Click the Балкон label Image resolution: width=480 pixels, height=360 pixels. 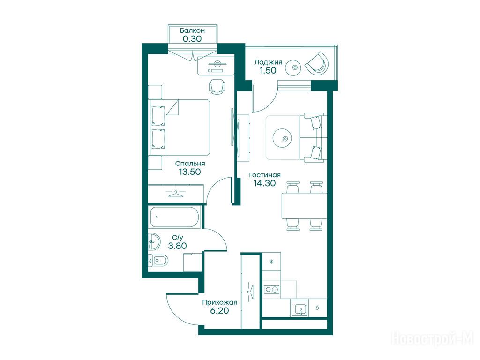coord(192,30)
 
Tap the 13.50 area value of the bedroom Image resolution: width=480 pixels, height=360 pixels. coord(190,172)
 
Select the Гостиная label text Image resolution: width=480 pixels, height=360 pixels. coord(265,175)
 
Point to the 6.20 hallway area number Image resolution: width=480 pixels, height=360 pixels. coord(219,311)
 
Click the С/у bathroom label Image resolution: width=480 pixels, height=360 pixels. coord(178,238)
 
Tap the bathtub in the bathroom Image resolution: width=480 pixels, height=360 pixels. coord(174,217)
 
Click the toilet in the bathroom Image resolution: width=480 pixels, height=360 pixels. coord(158,261)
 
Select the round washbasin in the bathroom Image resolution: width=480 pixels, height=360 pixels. coord(154,241)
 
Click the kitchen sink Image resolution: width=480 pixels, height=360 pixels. coord(300,308)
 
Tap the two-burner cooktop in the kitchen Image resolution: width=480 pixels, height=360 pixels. coord(272,289)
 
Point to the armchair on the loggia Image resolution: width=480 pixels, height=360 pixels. coord(317,63)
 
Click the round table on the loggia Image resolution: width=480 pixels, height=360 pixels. coord(294,67)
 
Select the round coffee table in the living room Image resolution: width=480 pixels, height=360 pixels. coord(285,139)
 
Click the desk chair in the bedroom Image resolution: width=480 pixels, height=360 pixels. coord(217,86)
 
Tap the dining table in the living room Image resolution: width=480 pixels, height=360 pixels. coord(304,206)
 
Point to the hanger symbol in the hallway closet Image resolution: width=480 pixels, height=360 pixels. coord(251,291)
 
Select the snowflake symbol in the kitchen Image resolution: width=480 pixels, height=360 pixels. coord(271,262)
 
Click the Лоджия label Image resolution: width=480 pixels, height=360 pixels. coord(268,62)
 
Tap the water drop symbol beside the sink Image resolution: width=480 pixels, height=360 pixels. coord(317,307)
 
